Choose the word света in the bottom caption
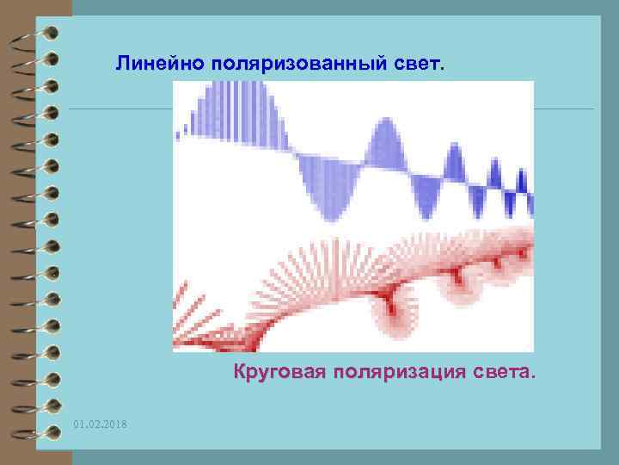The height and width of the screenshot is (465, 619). click(501, 374)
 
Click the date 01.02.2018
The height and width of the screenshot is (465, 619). click(100, 425)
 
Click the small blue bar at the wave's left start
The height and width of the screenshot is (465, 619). click(178, 133)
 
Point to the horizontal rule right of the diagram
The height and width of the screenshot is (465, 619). click(563, 109)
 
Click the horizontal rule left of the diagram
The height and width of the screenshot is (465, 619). click(120, 109)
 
